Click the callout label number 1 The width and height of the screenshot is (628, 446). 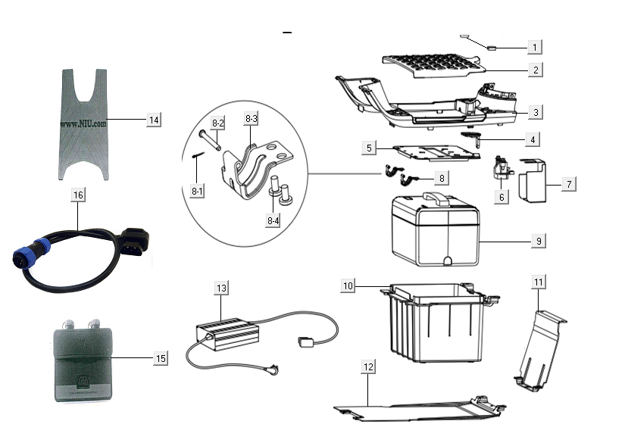[535, 47]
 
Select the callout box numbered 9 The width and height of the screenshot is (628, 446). [538, 241]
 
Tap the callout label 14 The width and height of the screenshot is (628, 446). [154, 120]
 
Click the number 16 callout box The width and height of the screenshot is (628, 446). [78, 195]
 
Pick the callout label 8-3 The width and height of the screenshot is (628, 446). [251, 119]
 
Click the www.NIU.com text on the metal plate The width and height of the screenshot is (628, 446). [83, 121]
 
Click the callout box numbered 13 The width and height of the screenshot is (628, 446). [221, 288]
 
